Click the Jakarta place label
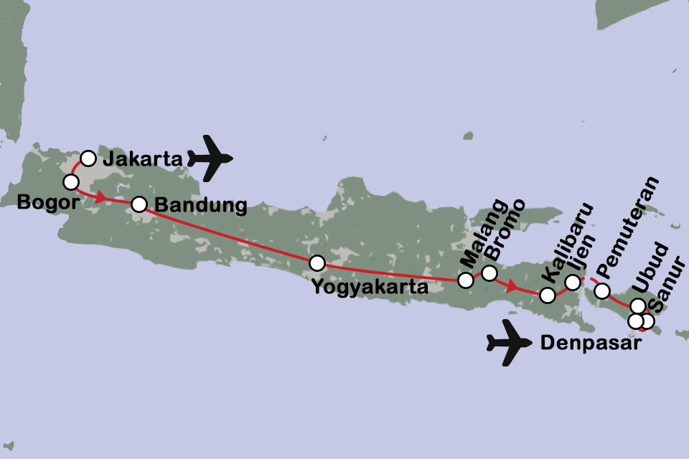click(142, 160)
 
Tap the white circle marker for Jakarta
click(88, 158)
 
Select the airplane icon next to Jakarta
click(210, 157)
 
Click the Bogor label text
click(42, 202)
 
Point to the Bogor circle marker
click(70, 181)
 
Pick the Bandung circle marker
click(139, 204)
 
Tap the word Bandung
click(201, 207)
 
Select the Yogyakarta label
click(370, 288)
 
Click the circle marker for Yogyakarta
click(317, 263)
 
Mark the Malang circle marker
click(466, 280)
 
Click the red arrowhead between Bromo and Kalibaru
click(512, 287)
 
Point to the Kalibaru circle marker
click(547, 295)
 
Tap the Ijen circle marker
click(572, 283)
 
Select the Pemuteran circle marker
click(602, 290)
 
